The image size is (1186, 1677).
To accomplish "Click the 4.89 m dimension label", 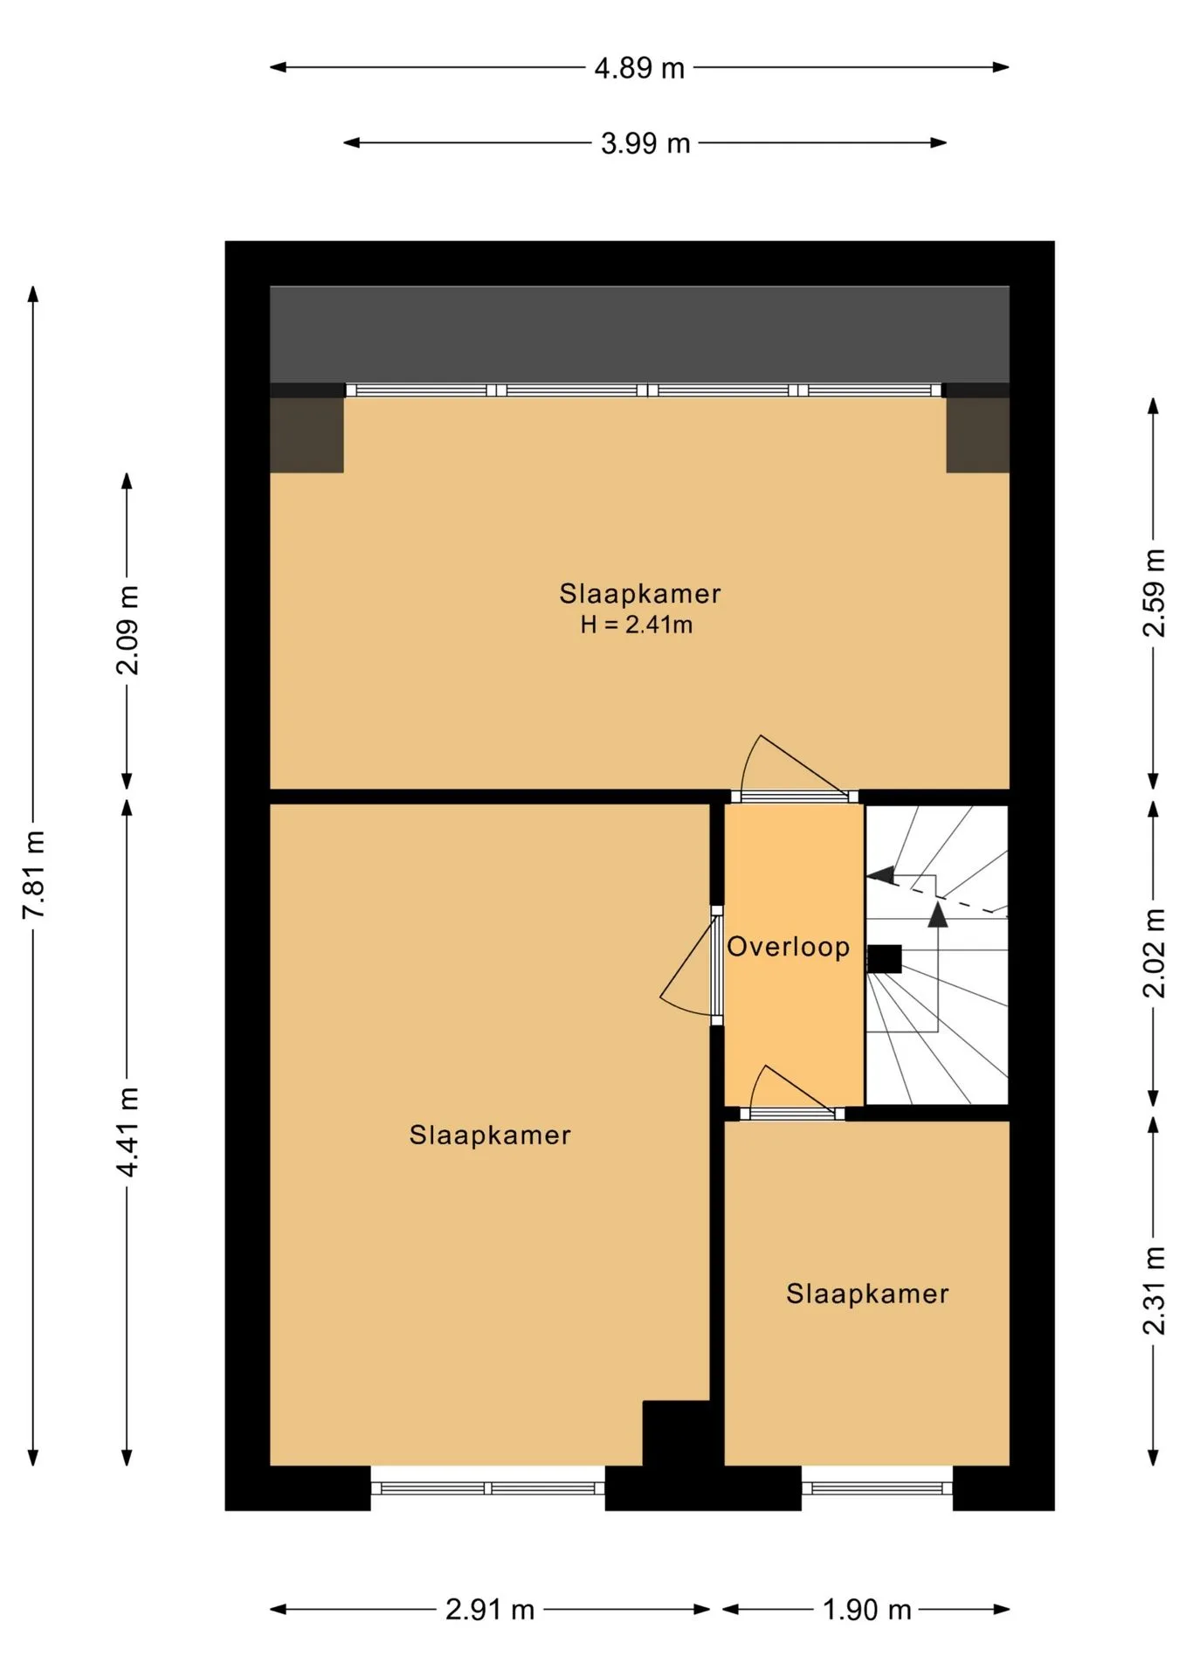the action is (x=639, y=68).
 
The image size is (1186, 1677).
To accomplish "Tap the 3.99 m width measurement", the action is (x=645, y=143).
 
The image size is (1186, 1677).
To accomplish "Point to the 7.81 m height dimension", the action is (x=33, y=873).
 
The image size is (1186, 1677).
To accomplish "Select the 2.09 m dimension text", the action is (x=128, y=631).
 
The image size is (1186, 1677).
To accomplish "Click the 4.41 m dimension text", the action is (x=128, y=1132).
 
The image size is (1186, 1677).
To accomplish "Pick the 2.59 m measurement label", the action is (x=1154, y=593).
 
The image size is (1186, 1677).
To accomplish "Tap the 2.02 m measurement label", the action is (x=1154, y=953).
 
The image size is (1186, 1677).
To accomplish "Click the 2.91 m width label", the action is (x=489, y=1609).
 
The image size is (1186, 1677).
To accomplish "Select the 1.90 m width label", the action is (x=867, y=1609).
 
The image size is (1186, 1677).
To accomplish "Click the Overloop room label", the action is (x=789, y=947).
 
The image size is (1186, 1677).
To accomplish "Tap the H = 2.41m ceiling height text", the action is (x=637, y=625).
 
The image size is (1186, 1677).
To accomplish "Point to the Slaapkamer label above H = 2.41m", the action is (x=640, y=594).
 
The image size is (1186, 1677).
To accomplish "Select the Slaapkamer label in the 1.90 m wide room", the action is (x=867, y=1294).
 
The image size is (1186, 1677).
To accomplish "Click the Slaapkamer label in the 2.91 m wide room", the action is (x=490, y=1135).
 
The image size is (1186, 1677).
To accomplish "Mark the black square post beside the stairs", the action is (x=884, y=959).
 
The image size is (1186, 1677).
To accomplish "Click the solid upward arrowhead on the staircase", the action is (x=937, y=914).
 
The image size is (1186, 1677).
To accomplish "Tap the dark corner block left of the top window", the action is (x=307, y=435).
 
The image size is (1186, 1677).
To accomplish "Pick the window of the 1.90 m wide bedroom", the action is (x=877, y=1488).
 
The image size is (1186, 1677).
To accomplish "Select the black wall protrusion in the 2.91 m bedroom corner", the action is (x=675, y=1433).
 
